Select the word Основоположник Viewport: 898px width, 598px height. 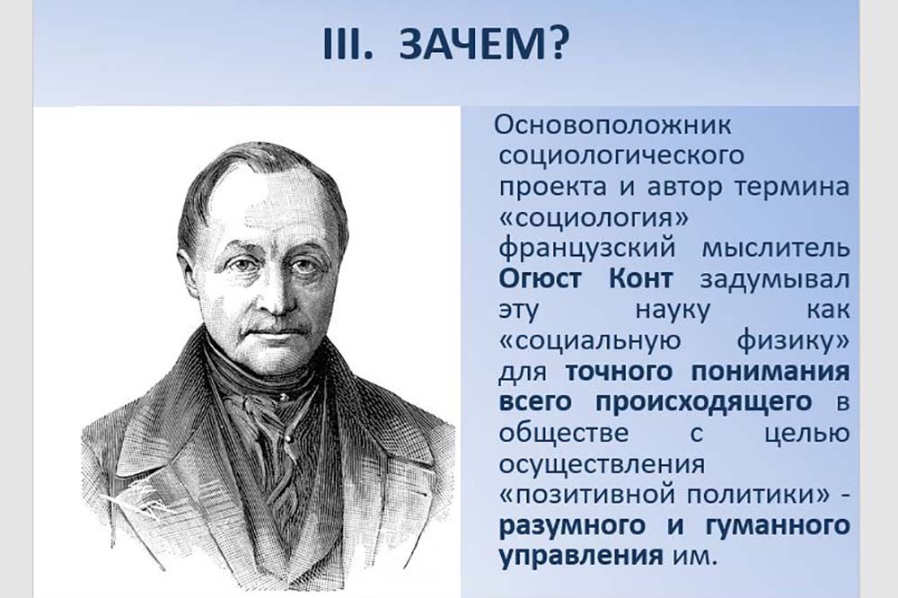612,126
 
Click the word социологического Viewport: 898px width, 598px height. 622,156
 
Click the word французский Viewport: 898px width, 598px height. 586,250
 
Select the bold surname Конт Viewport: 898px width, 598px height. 638,279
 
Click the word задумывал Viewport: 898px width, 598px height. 774,280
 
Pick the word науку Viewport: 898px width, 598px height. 673,311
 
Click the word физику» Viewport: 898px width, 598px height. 793,341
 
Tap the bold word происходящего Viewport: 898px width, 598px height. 704,402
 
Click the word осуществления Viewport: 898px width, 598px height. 602,464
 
